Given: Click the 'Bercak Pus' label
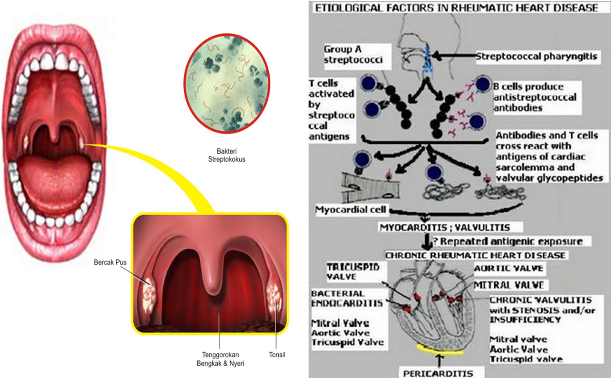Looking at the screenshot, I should pos(110,262).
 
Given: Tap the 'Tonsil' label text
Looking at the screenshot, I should pos(277,355).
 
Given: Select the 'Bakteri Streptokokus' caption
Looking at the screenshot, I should pos(226,155).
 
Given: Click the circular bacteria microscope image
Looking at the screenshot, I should pos(227,83).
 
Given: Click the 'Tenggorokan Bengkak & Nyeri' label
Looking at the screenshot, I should pos(220,359).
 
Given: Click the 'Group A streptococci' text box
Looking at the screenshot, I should pos(353,55).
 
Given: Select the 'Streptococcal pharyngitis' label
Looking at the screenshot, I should pos(536,57).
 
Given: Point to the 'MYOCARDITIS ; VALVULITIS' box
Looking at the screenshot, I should pos(445,227).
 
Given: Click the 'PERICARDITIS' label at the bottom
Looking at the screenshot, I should pos(438,373).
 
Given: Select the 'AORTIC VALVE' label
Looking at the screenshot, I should pos(508,268).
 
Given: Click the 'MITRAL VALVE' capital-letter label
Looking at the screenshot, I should pos(509,285).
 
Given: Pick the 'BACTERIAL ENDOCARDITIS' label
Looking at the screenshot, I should pos(346,299).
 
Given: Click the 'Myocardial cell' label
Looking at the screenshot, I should pos(350,209).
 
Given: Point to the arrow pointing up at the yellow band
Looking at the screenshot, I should pos(439,360).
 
